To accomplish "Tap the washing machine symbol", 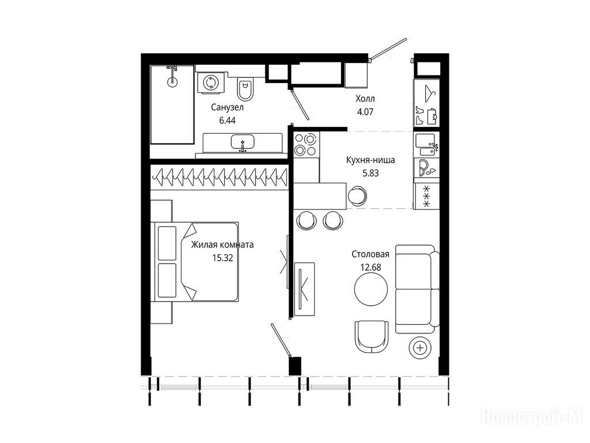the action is tap(210, 82).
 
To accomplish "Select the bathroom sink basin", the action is tap(243, 143).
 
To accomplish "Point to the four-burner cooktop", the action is tap(306, 145).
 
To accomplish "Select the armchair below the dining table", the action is tap(372, 337).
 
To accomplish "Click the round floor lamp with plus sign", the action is tap(420, 347).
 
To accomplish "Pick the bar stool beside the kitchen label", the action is tap(356, 195).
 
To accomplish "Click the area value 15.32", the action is tap(223, 258).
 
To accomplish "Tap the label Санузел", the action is tap(227, 107).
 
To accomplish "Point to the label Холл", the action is tap(365, 99).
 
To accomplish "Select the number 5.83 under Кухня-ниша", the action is tap(370, 173).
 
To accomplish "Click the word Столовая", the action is tap(370, 254).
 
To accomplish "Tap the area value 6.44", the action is tap(227, 121).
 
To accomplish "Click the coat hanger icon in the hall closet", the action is tap(430, 93).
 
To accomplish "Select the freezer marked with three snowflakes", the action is tap(427, 196).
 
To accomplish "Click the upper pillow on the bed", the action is tap(167, 243).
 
